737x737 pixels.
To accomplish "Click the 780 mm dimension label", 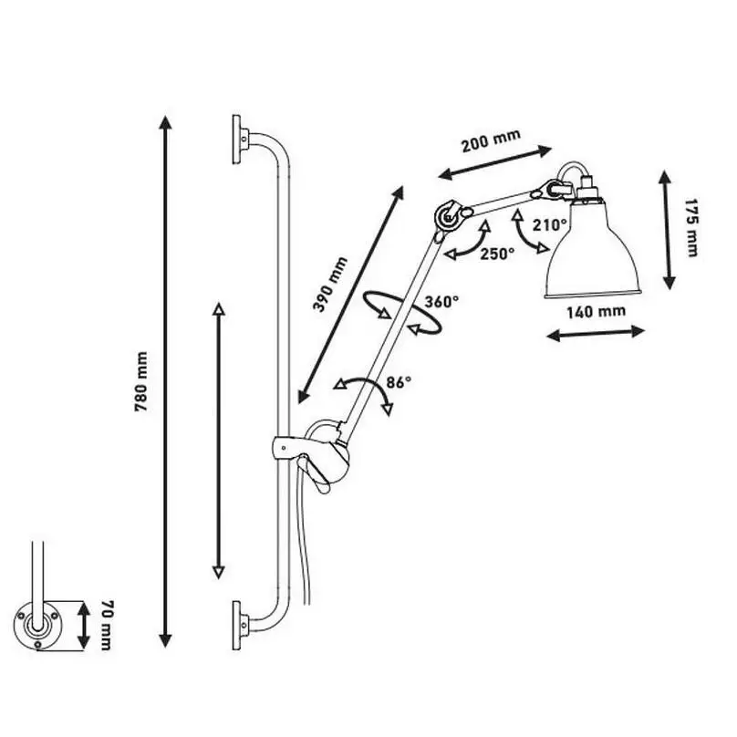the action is point(141,381).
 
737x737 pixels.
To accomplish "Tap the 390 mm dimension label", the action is point(330,285).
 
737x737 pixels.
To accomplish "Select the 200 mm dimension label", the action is point(491,140).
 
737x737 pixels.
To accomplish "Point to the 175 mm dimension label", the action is point(690,228).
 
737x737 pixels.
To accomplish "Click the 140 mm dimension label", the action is point(596,311).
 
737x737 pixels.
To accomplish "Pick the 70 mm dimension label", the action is point(107,625).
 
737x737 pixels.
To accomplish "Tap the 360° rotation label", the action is point(441,301).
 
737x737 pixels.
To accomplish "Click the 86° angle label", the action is point(399,382).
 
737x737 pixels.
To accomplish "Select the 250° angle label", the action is point(497,254).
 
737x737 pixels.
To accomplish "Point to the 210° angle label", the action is point(550,225).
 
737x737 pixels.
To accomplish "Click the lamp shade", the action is point(592,249).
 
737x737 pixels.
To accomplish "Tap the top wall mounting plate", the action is point(238,140).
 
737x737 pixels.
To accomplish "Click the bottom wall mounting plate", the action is point(238,624).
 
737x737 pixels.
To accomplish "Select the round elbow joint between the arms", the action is point(446,217).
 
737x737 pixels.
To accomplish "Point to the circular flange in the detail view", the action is point(36,625).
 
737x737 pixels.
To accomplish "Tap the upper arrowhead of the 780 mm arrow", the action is point(165,121).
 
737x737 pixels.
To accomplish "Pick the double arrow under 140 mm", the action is point(596,332).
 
